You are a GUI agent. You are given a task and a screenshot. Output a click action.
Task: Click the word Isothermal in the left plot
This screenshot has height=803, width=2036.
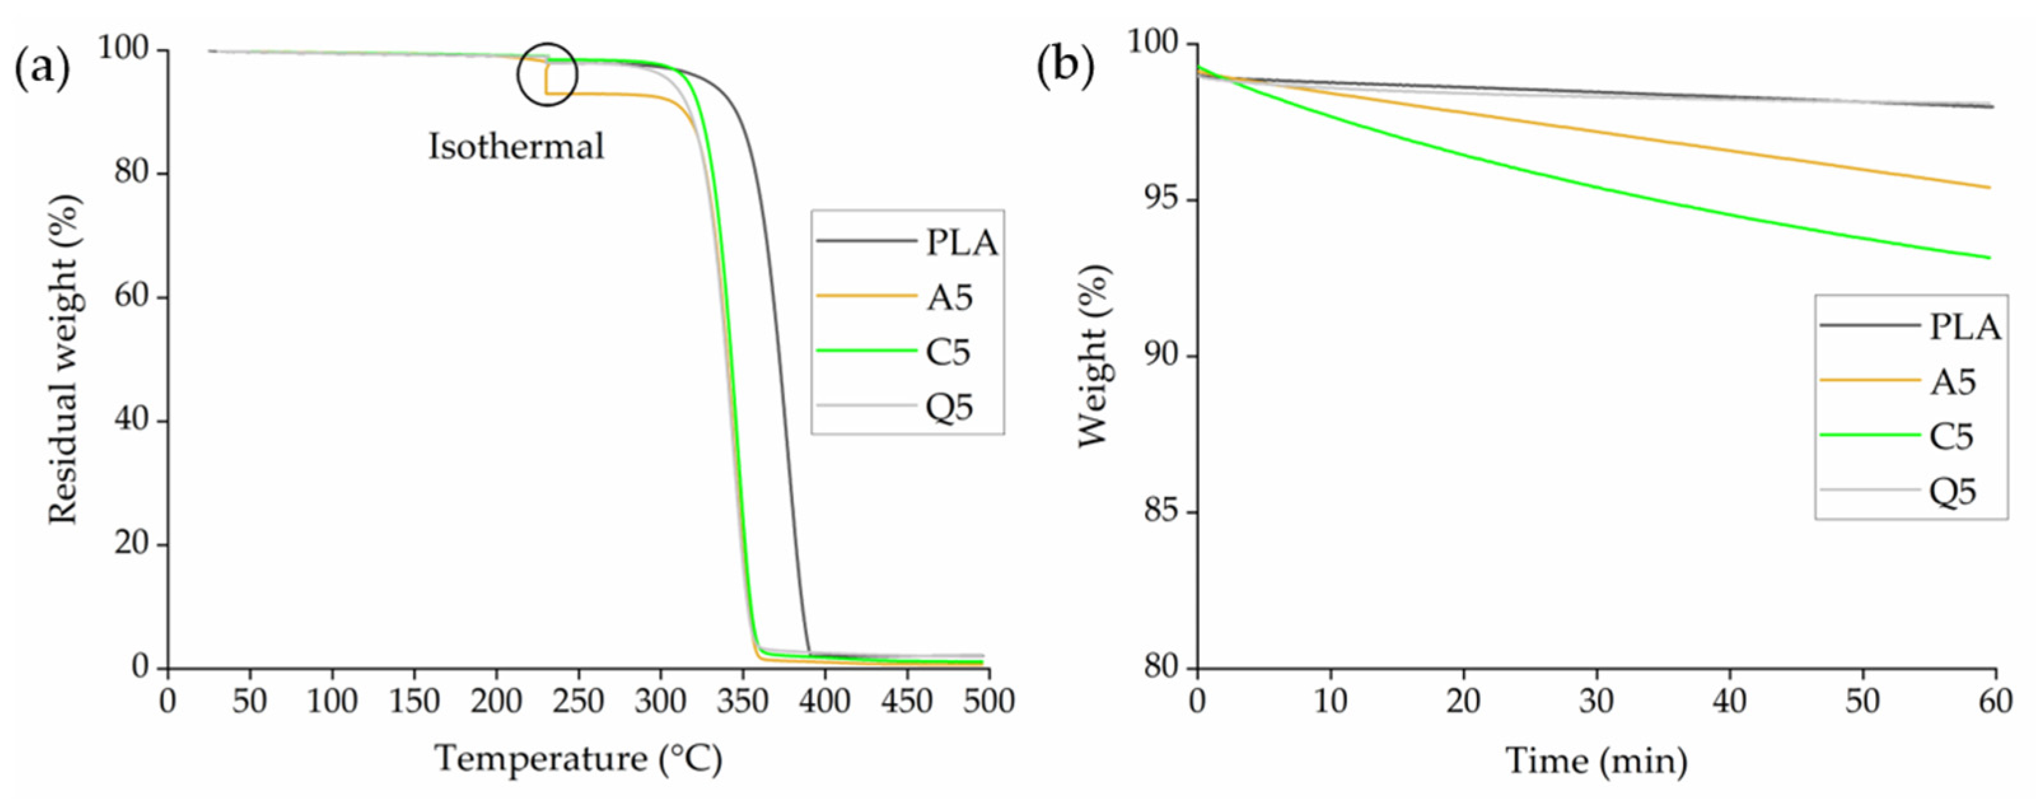point(516,147)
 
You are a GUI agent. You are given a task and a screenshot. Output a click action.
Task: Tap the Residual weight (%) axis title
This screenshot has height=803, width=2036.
point(65,360)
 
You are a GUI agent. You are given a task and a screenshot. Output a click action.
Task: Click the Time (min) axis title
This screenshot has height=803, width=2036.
point(1596,760)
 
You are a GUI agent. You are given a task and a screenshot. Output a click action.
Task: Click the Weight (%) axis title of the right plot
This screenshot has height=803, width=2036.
point(1094,356)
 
